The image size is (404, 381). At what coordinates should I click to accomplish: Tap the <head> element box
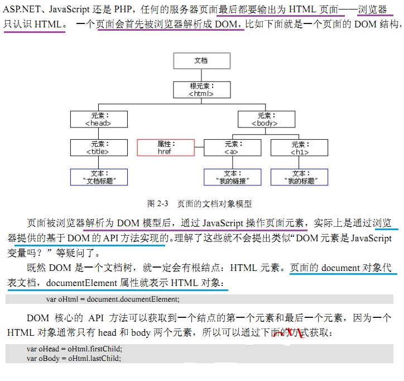pos(98,120)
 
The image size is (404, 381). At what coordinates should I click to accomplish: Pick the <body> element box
pos(265,120)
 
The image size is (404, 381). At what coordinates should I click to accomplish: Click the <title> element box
pos(98,148)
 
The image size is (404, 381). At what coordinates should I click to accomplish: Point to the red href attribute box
pos(165,148)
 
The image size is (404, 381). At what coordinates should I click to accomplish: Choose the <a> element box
pos(232,148)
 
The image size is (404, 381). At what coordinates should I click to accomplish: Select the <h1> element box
pos(299,148)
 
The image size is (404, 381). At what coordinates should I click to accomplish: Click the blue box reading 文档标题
pos(99,177)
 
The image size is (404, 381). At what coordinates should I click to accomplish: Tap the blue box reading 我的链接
pos(232,177)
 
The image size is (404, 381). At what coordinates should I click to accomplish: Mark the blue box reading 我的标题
pos(299,177)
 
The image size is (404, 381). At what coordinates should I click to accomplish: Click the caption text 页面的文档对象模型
pos(214,203)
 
